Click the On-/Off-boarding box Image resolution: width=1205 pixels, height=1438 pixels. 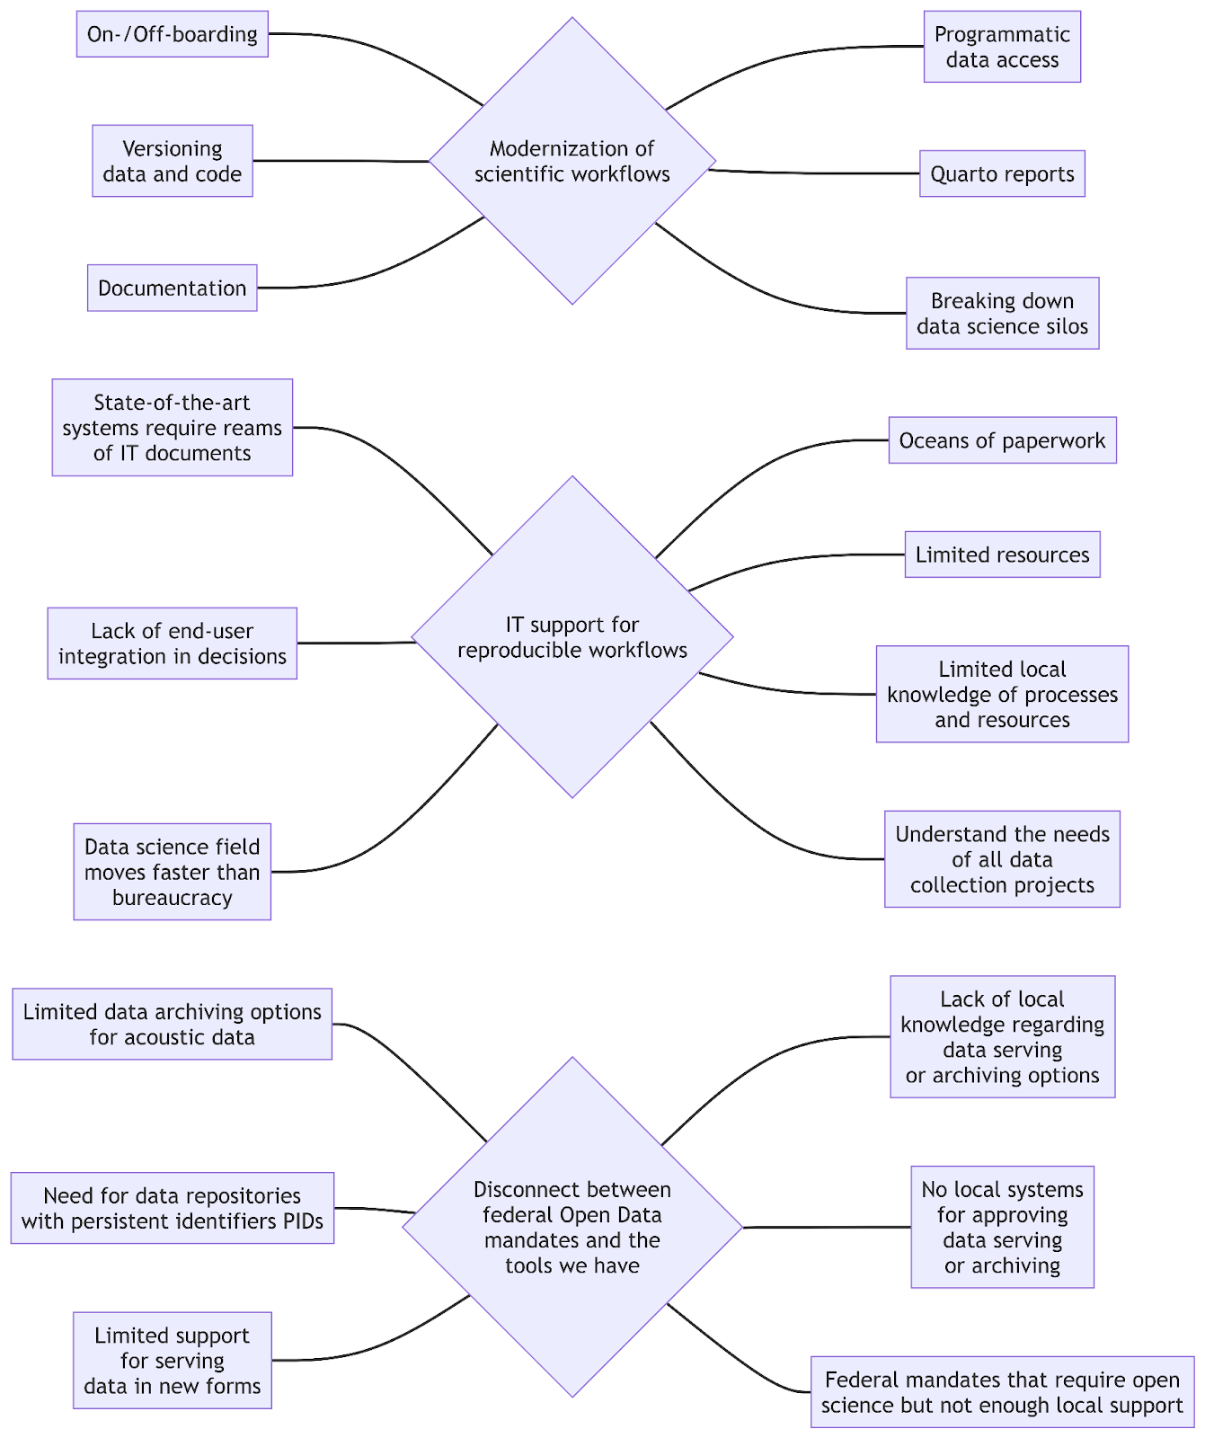[x=172, y=34]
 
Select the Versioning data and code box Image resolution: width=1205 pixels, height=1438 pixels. [x=172, y=161]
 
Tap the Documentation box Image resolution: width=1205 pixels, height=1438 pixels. [x=172, y=288]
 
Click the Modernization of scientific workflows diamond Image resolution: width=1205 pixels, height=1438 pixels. [x=571, y=162]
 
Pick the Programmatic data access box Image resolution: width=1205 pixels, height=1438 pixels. [x=1001, y=47]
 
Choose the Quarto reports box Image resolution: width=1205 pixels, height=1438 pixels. [x=1001, y=173]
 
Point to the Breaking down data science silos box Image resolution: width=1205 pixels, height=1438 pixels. [x=1001, y=313]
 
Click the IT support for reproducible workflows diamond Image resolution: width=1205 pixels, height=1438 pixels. [x=571, y=637]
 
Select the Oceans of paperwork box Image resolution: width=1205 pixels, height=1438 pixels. [x=1001, y=440]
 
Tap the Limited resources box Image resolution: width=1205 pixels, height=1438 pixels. [x=1001, y=555]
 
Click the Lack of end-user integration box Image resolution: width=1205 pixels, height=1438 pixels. [x=172, y=644]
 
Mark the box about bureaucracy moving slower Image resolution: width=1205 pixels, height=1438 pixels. [x=172, y=872]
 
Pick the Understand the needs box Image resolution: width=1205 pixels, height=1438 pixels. [x=1001, y=859]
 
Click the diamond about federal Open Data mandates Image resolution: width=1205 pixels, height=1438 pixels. [x=571, y=1227]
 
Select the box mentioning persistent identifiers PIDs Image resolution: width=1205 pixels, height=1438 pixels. [x=172, y=1208]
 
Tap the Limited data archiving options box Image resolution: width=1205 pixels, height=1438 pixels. [x=172, y=1025]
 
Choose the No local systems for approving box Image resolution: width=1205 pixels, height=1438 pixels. [x=1001, y=1227]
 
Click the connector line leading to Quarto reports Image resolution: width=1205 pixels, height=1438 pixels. [x=809, y=173]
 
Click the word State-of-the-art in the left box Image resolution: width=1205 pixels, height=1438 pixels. [x=172, y=403]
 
